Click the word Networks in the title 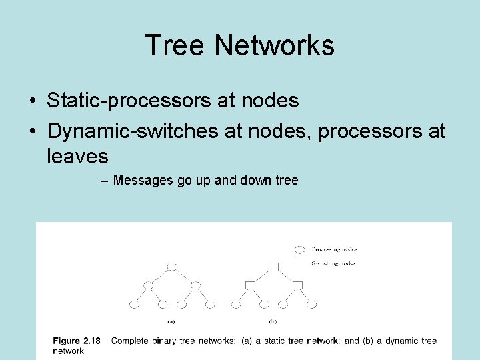click(275, 45)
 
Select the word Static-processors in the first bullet click(130, 101)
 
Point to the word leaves click(77, 157)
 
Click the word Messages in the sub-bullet click(143, 180)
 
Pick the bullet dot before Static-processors click(33, 101)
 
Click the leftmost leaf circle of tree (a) click(134, 305)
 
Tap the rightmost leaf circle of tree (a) click(210, 305)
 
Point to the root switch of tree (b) click(273, 266)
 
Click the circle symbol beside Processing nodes click(300, 249)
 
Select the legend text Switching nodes click(333, 263)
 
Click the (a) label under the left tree click(171, 321)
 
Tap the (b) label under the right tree click(273, 321)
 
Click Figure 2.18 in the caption click(77, 341)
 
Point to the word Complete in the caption click(130, 341)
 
